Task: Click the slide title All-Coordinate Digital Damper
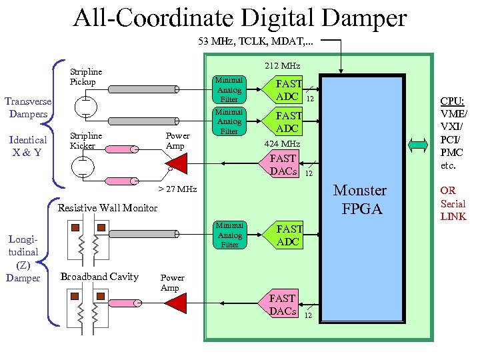point(239,18)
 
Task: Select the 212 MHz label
point(283,66)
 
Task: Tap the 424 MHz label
point(283,143)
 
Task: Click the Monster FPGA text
point(359,199)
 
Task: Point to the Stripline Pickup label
point(86,77)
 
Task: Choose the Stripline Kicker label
point(86,141)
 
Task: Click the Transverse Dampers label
point(27,107)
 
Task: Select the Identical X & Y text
point(28,146)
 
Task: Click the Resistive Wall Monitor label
point(108,208)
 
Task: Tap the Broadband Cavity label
point(99,277)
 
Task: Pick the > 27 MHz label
point(177,189)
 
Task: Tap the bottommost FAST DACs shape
point(284,305)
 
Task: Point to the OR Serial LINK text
point(453,203)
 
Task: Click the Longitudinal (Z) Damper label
point(23,257)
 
